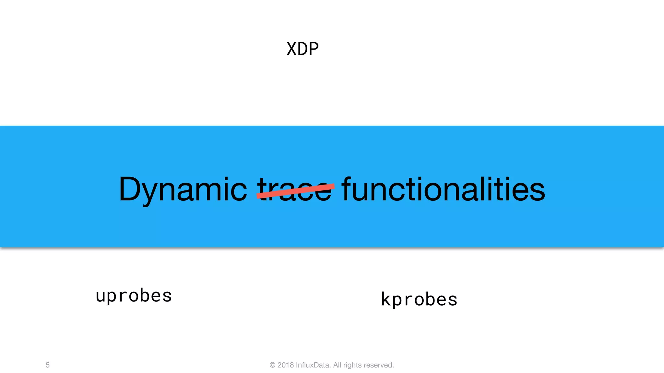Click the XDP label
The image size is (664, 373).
pyautogui.click(x=302, y=49)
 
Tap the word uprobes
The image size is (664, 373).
pyautogui.click(x=134, y=296)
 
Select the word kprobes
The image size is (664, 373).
pyautogui.click(x=419, y=299)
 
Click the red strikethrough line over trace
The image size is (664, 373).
pyautogui.click(x=295, y=191)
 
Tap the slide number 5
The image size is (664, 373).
pyautogui.click(x=48, y=365)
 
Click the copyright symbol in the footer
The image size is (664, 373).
pyautogui.click(x=272, y=365)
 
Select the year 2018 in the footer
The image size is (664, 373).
pyautogui.click(x=285, y=365)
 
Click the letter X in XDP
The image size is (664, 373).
pyautogui.click(x=291, y=49)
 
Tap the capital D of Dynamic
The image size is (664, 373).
pyautogui.click(x=131, y=189)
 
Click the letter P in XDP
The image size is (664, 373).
pyautogui.click(x=314, y=49)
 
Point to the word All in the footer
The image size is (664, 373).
pyautogui.click(x=337, y=365)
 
